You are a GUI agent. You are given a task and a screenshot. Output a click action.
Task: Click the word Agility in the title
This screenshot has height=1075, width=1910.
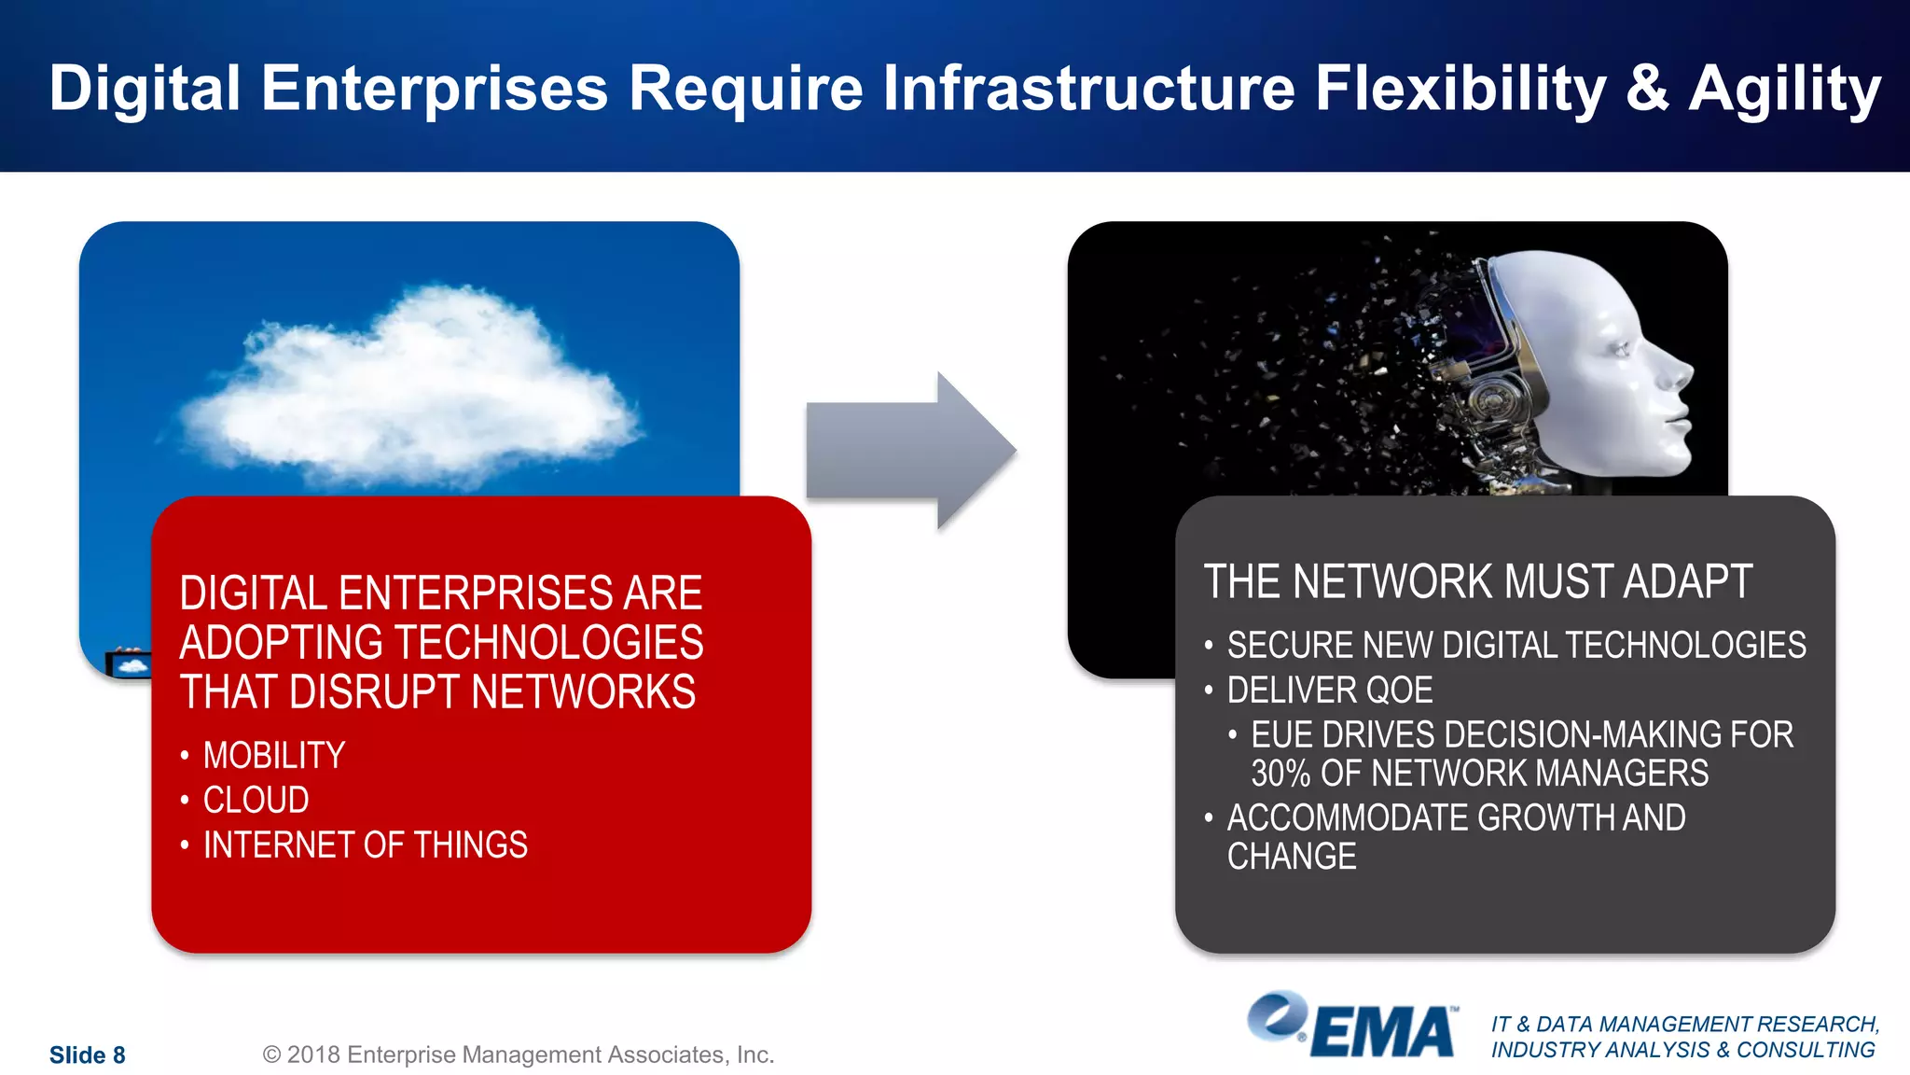click(1783, 90)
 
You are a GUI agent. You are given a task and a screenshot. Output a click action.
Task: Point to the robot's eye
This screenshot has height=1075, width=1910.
click(1620, 350)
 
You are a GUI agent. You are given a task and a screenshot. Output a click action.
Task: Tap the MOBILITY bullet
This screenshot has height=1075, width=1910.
click(273, 755)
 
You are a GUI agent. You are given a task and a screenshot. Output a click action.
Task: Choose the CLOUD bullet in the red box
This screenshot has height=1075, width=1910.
click(256, 800)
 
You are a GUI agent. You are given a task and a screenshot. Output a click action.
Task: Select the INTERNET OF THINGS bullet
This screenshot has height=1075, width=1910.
click(365, 845)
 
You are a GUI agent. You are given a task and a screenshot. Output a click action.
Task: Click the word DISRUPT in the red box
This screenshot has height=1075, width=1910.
click(372, 692)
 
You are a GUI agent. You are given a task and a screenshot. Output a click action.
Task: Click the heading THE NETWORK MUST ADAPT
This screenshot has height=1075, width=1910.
click(1477, 581)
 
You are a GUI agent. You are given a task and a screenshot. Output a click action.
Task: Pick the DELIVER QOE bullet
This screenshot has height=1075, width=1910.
click(1329, 691)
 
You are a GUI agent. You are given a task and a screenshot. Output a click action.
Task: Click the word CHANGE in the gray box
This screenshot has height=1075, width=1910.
click(1291, 857)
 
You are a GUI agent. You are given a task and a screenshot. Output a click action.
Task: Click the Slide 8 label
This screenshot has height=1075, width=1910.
click(87, 1054)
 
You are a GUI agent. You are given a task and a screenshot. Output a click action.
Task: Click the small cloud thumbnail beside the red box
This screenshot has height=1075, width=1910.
click(129, 665)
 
